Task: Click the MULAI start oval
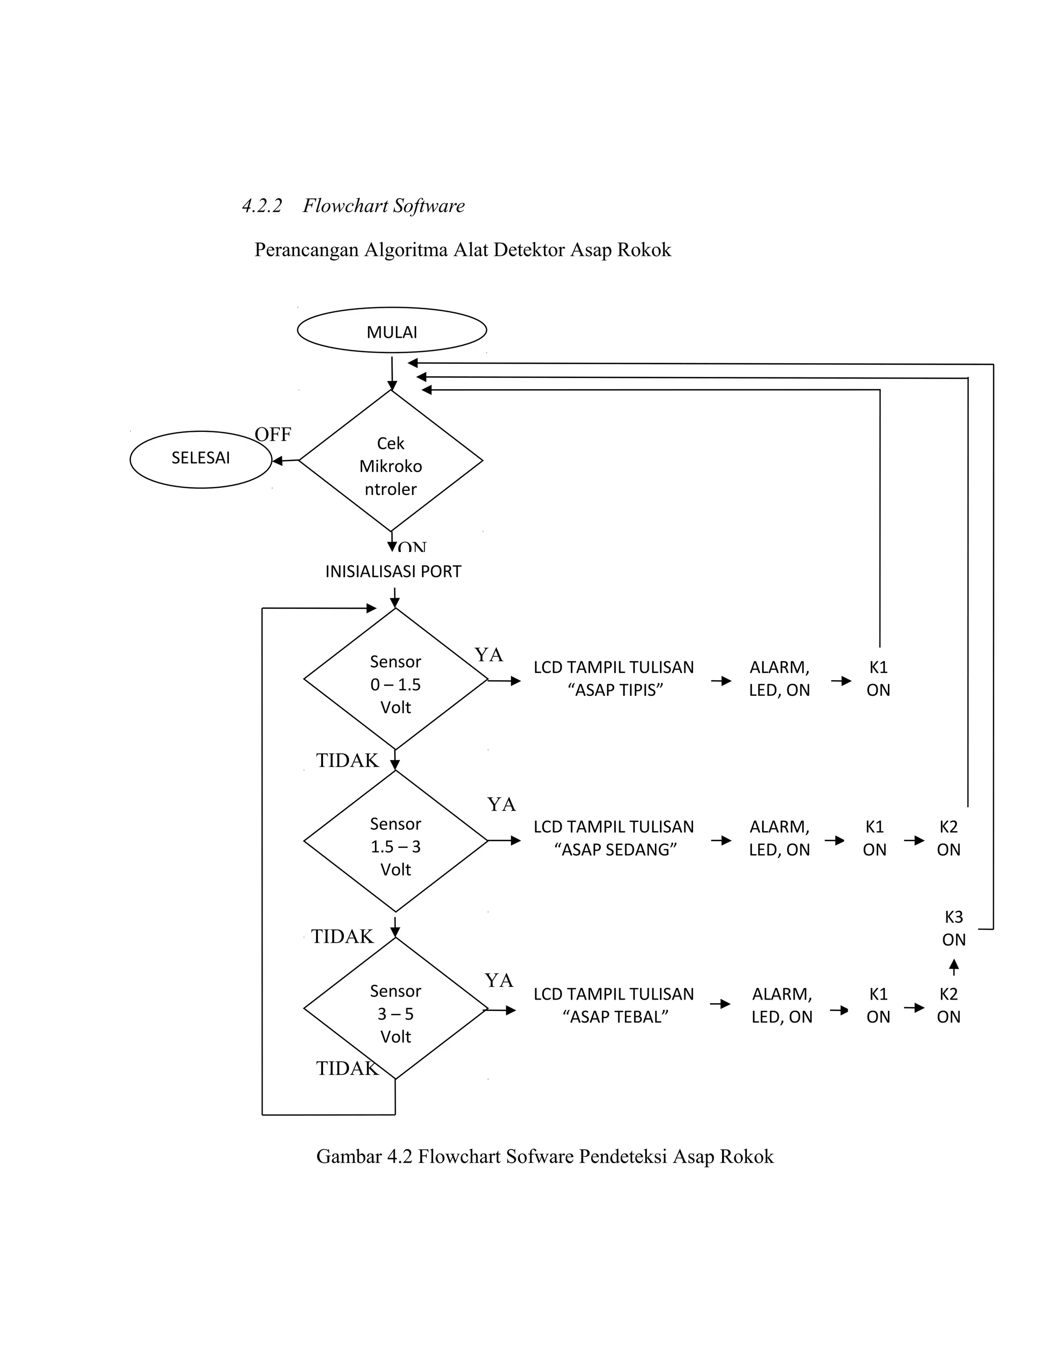click(391, 331)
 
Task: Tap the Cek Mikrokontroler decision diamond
click(391, 465)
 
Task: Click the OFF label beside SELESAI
click(272, 434)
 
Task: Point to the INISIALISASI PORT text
click(393, 572)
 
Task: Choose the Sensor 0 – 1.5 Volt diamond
click(395, 684)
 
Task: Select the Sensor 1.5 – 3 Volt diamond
click(395, 846)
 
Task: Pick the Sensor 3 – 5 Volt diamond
click(395, 1013)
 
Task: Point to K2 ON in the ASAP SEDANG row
click(948, 838)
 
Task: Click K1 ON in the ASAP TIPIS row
click(878, 678)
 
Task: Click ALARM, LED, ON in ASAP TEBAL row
click(781, 1006)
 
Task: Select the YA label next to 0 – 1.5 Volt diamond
click(488, 655)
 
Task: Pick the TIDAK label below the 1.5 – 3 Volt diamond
click(342, 937)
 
